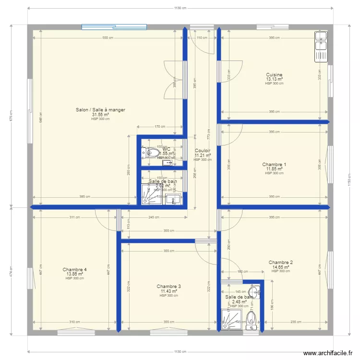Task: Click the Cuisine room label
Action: pos(274,75)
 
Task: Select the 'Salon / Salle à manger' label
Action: pos(100,110)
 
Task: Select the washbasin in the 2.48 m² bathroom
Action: pos(254,290)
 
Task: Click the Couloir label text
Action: pos(203,151)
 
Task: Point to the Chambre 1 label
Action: pos(274,165)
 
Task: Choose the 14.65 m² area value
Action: pos(281,267)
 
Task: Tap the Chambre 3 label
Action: pos(168,287)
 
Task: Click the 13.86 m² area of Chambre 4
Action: pos(74,274)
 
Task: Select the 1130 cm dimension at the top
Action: pos(180,8)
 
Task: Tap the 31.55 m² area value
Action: pos(100,115)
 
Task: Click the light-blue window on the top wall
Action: pos(114,27)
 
